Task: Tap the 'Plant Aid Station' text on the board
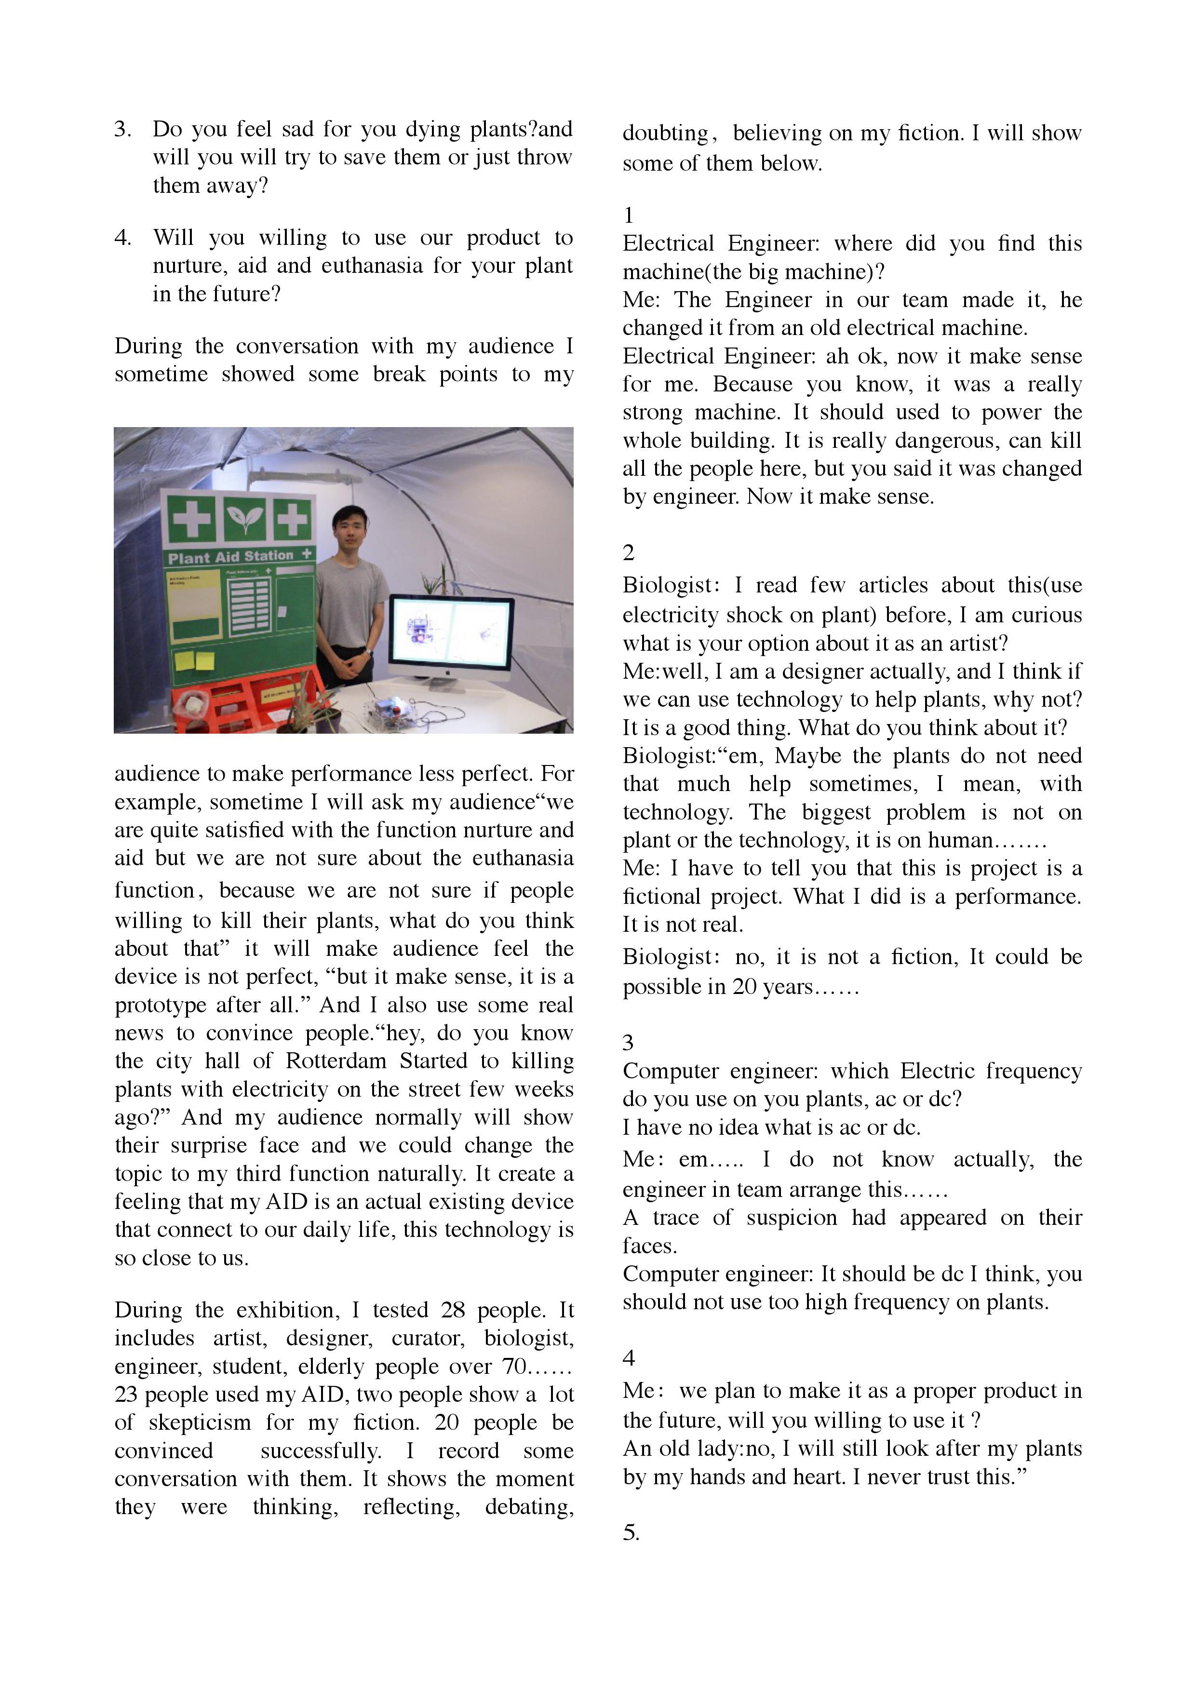pyautogui.click(x=230, y=557)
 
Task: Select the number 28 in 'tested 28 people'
pyautogui.click(x=453, y=1310)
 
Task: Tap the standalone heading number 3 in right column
pyautogui.click(x=628, y=1042)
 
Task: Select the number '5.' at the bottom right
pyautogui.click(x=631, y=1533)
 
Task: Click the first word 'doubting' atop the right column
pyautogui.click(x=665, y=134)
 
